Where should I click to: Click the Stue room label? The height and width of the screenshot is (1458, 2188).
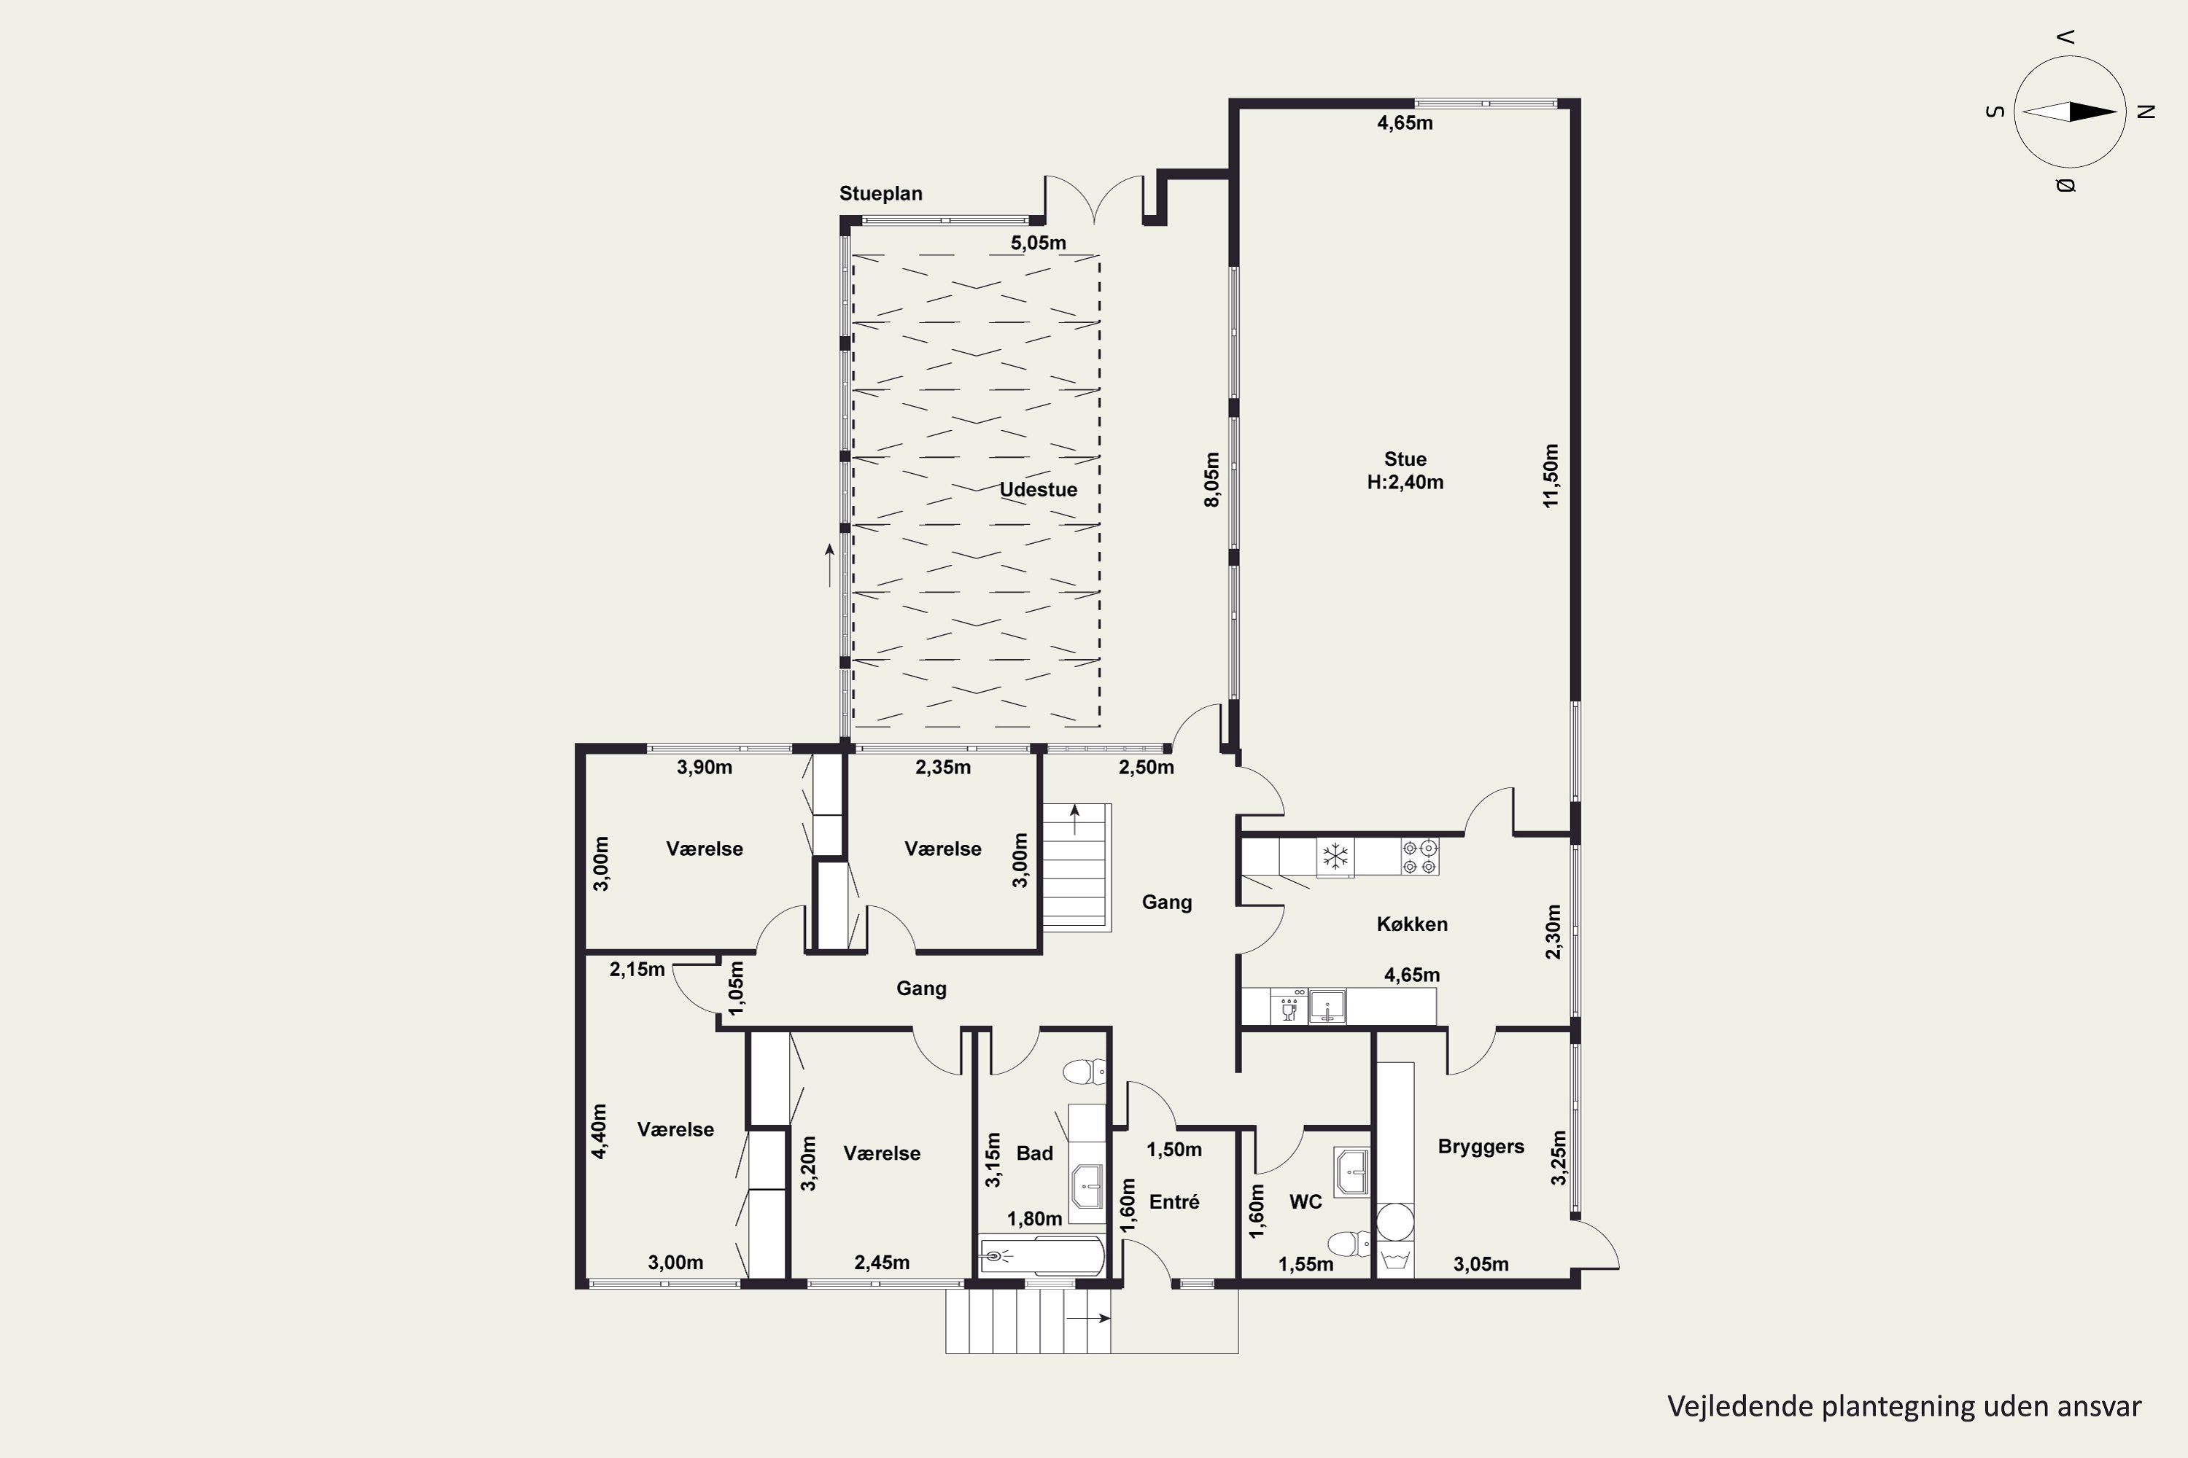[1405, 459]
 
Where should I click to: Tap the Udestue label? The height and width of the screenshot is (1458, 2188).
[1038, 489]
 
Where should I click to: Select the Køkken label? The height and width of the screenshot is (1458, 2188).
[1412, 924]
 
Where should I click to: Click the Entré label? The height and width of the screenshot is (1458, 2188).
[1174, 1201]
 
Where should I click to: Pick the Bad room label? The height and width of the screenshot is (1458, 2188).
[1034, 1153]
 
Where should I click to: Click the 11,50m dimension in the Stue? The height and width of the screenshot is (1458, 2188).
[1550, 475]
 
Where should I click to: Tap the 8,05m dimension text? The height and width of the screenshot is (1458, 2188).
[1211, 480]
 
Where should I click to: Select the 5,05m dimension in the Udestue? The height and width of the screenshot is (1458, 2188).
[1038, 243]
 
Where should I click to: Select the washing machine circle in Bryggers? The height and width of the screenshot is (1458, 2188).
[1394, 1223]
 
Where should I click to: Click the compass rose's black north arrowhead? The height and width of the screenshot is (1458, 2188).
[2092, 112]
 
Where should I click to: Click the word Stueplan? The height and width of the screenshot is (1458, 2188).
[881, 193]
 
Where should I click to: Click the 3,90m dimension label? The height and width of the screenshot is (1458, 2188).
[705, 767]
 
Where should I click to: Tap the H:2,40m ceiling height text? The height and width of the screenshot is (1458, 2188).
[1405, 482]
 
